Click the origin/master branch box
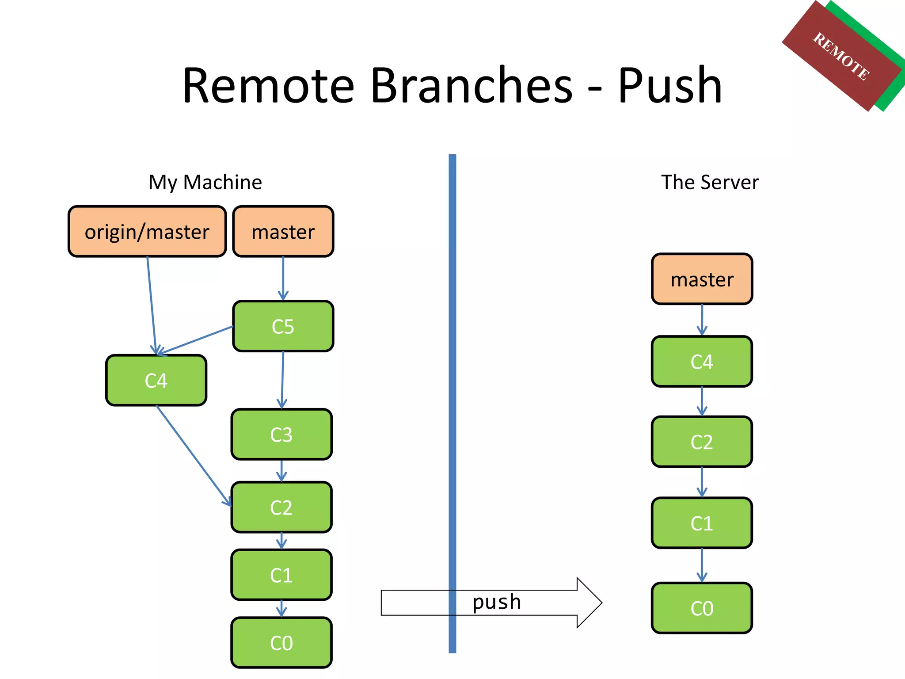pyautogui.click(x=147, y=231)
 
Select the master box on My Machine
pyautogui.click(x=283, y=231)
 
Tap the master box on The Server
pyautogui.click(x=702, y=279)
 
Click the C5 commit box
pyautogui.click(x=283, y=326)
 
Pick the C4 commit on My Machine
pyautogui.click(x=156, y=380)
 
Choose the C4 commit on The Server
pyautogui.click(x=702, y=362)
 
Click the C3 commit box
pyautogui.click(x=281, y=435)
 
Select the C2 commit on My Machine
pyautogui.click(x=281, y=507)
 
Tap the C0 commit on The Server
pyautogui.click(x=702, y=608)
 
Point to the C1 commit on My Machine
pyautogui.click(x=281, y=575)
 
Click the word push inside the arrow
pyautogui.click(x=496, y=602)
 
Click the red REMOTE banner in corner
pyautogui.click(x=841, y=56)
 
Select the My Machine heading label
pyautogui.click(x=205, y=182)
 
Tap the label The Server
pyautogui.click(x=710, y=182)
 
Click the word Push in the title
pyautogui.click(x=669, y=85)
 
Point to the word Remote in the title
pyautogui.click(x=268, y=85)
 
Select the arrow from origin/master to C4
pyautogui.click(x=152, y=305)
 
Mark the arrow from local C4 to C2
pyautogui.click(x=194, y=456)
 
